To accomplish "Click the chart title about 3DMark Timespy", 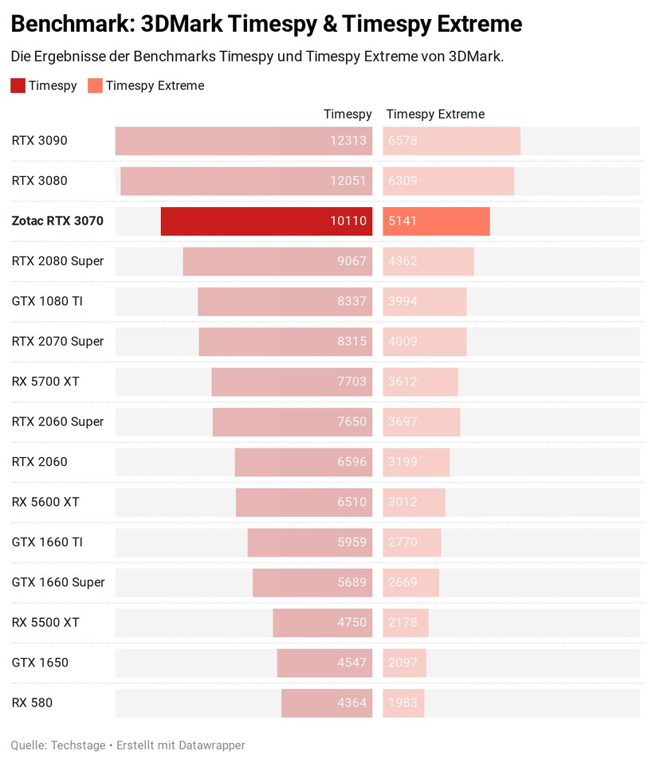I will point(266,25).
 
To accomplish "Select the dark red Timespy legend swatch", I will point(18,86).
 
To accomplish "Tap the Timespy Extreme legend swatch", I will point(95,86).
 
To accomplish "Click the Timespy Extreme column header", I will point(435,114).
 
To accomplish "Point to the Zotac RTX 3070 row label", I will point(57,221).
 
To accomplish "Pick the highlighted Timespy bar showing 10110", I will point(266,221).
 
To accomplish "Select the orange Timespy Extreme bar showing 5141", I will point(436,221).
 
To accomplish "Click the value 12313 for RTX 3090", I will point(348,141).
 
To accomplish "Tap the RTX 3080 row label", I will point(39,181).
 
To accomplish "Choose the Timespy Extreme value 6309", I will point(403,181).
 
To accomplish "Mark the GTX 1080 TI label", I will point(47,301).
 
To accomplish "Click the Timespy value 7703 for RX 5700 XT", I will point(352,381).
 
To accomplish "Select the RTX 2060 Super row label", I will point(57,421).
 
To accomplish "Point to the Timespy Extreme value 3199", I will point(403,462).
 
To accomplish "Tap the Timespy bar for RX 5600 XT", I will point(304,503).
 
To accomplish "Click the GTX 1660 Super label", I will point(58,582).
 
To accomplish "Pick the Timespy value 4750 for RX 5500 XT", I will point(352,623).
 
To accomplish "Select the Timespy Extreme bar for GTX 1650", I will point(405,663).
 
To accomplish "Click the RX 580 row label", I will point(32,702).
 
